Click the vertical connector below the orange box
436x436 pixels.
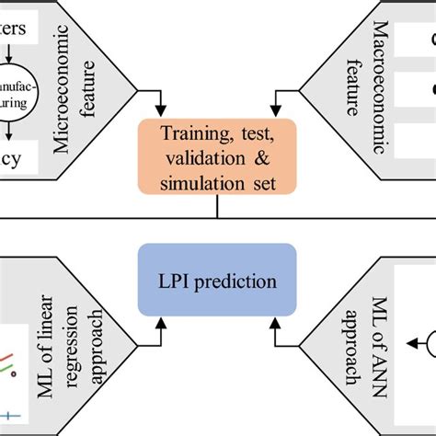click(x=217, y=208)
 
